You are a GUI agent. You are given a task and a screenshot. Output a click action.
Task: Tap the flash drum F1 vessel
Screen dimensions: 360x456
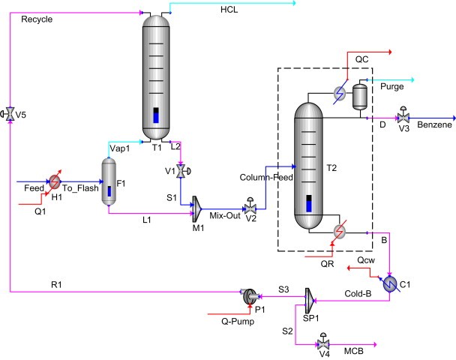(x=109, y=180)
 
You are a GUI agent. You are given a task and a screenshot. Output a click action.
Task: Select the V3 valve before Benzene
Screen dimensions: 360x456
(x=403, y=118)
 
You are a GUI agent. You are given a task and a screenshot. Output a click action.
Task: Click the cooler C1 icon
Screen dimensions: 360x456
(x=391, y=283)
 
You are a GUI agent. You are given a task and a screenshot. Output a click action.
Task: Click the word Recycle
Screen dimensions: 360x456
(x=37, y=19)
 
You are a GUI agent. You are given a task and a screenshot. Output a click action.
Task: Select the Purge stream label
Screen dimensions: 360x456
(x=393, y=87)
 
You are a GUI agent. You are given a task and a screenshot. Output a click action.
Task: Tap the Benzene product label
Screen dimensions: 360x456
(x=435, y=124)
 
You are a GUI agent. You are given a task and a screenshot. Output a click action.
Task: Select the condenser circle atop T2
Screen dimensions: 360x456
(x=339, y=92)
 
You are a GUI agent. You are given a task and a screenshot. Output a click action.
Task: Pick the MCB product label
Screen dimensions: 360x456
(x=354, y=350)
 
